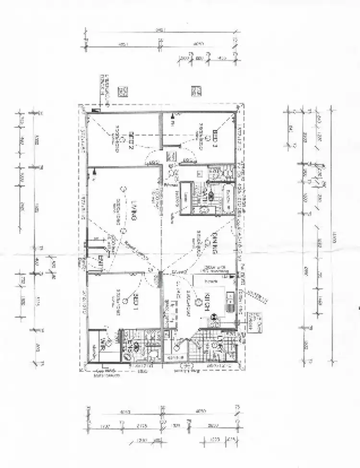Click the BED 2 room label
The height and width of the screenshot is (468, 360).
tap(131, 141)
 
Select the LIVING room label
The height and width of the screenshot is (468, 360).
tap(134, 211)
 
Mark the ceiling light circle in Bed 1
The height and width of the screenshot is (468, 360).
tap(125, 301)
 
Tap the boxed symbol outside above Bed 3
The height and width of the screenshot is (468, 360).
tap(196, 91)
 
